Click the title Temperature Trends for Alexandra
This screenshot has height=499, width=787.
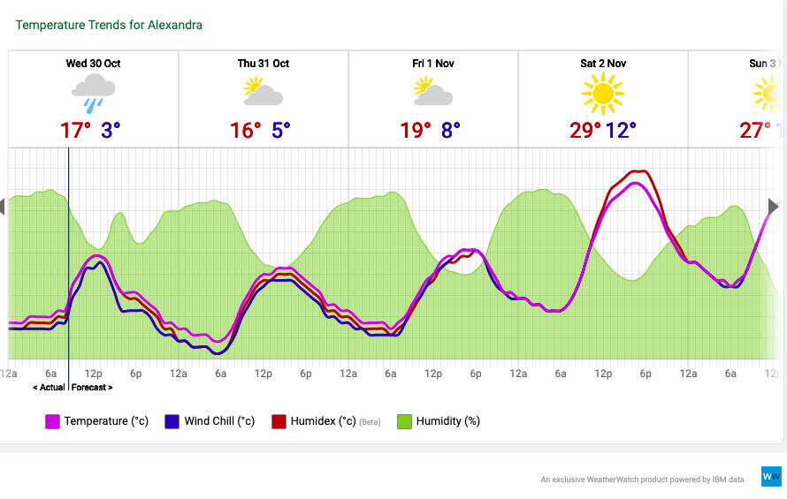click(109, 25)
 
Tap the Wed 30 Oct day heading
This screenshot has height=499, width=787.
click(93, 64)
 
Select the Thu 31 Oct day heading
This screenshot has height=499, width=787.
click(264, 64)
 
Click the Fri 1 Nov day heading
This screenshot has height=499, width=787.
click(433, 64)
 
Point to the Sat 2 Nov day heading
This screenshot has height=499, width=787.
click(603, 64)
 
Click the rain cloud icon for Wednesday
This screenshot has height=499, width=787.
click(94, 92)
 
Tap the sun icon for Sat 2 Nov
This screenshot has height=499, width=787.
click(603, 92)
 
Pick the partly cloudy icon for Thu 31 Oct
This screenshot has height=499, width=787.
click(264, 92)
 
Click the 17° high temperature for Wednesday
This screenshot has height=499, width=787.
click(76, 131)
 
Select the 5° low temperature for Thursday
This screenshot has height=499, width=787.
click(281, 131)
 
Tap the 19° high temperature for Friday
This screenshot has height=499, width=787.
click(416, 131)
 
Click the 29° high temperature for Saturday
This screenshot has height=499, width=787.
click(585, 131)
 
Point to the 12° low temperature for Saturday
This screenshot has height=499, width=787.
click(622, 131)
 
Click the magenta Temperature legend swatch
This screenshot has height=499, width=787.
click(52, 422)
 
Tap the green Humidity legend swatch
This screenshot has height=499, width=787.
click(404, 422)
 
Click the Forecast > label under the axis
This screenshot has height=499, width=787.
click(92, 387)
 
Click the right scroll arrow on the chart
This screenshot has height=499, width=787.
click(774, 207)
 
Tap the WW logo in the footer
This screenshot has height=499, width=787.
click(771, 476)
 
